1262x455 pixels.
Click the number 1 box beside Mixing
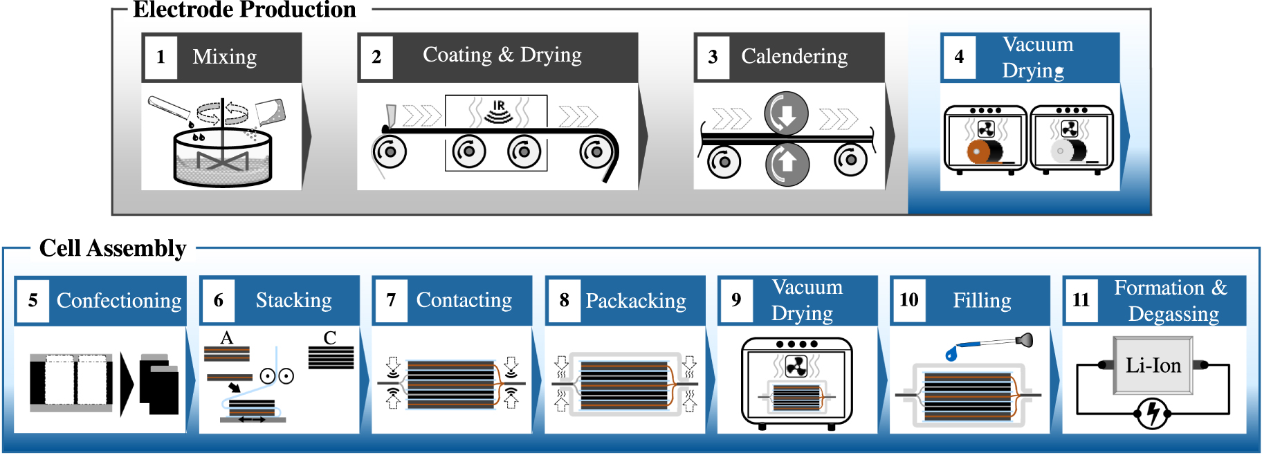pos(161,57)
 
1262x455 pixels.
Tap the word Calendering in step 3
pos(794,56)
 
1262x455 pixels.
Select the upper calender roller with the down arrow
pos(786,114)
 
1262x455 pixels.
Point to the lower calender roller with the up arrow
pos(787,164)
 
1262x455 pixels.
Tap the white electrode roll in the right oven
pos(1061,151)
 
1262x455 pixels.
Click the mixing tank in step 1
pos(222,159)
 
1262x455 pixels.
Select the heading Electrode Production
pos(244,10)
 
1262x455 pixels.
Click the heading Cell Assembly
pos(113,248)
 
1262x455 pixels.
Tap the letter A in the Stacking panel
pos(227,338)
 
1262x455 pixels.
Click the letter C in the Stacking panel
pos(330,338)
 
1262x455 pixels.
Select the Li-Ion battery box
pos(1153,366)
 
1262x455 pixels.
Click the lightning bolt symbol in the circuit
pos(1152,414)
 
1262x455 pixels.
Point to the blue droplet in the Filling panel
pos(951,354)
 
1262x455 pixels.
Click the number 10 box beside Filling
pos(908,300)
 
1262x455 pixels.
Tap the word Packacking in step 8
pos(636,301)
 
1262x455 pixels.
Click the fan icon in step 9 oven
pos(796,366)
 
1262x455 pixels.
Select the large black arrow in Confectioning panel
pos(127,384)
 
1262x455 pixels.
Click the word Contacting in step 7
pos(464,300)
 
